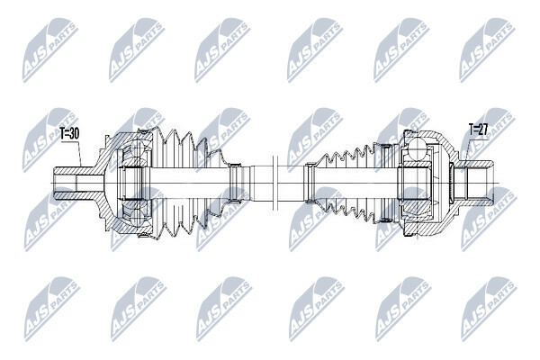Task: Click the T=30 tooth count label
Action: click(69, 134)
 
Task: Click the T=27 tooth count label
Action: click(479, 130)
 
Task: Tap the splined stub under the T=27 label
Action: click(474, 183)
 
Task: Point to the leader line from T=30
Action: click(79, 154)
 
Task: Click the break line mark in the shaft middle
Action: click(274, 183)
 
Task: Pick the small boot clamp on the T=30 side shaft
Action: click(236, 183)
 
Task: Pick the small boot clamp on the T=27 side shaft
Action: click(309, 183)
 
